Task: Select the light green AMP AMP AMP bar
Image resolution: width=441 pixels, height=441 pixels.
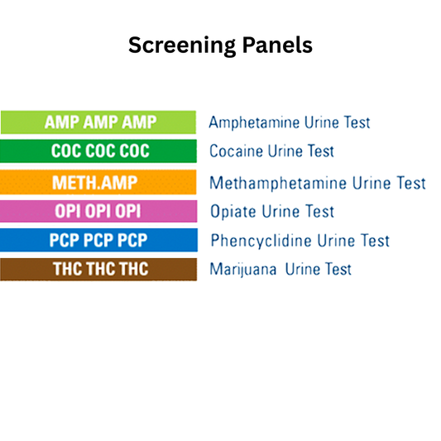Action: [x=98, y=122]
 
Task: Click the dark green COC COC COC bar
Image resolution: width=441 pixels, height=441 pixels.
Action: [x=98, y=151]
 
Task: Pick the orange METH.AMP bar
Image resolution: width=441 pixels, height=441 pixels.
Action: [x=98, y=182]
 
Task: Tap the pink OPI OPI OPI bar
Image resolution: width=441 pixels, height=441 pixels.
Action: [x=98, y=211]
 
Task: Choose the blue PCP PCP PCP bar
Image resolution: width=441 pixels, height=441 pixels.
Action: [x=98, y=241]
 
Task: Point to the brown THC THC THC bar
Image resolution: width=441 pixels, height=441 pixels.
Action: [x=98, y=270]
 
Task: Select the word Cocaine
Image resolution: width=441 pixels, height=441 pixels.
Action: [x=237, y=151]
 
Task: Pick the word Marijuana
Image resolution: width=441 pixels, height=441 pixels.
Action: [x=242, y=270]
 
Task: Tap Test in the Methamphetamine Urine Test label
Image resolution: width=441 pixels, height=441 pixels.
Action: [x=410, y=182]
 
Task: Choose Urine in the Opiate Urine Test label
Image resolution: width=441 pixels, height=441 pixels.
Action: [x=280, y=211]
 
